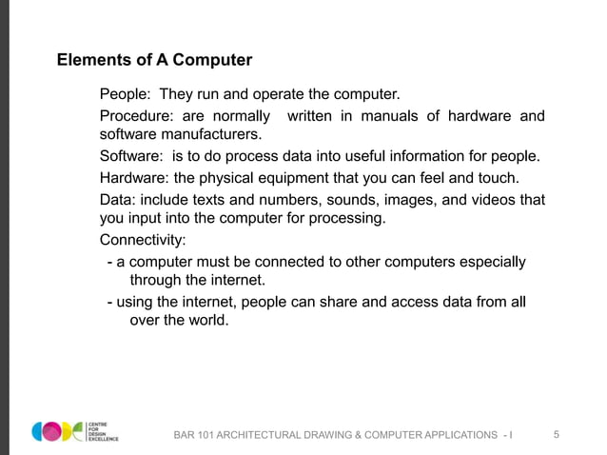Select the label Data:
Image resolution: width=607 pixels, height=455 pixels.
(x=118, y=200)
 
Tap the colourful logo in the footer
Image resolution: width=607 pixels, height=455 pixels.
(x=57, y=430)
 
